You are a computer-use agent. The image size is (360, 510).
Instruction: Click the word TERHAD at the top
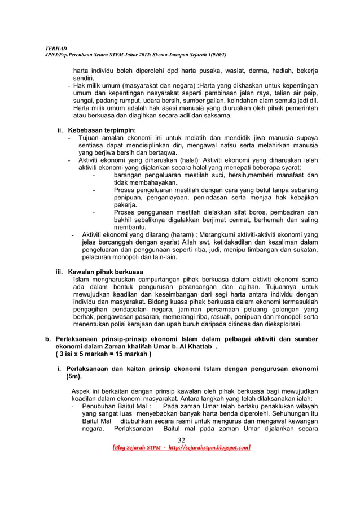click(x=55, y=49)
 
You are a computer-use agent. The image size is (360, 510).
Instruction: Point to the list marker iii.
click(x=59, y=271)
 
